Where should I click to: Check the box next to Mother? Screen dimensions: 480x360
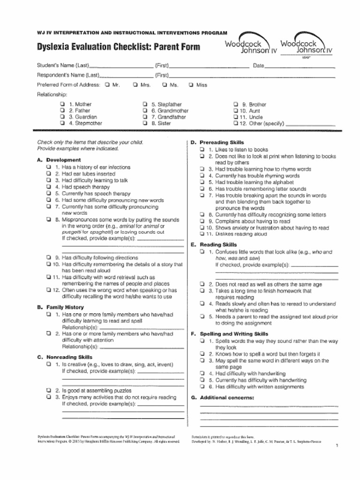[x=62, y=104]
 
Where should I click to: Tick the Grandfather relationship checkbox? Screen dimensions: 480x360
[x=145, y=117]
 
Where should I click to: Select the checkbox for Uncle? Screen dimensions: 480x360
[x=236, y=117]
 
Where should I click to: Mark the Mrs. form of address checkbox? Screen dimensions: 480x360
[x=135, y=85]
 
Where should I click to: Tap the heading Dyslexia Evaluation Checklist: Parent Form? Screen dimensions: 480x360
[x=118, y=47]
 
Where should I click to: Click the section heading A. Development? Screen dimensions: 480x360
[x=59, y=160]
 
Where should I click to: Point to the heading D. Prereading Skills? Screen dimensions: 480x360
[x=217, y=142]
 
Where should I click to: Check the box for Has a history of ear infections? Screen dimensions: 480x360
[x=49, y=167]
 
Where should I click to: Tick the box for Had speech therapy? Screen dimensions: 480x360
[x=49, y=187]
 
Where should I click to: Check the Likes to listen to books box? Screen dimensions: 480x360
[x=202, y=150]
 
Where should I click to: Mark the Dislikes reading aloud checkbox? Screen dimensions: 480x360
[x=202, y=234]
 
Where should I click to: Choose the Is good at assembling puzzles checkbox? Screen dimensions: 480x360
[x=49, y=390]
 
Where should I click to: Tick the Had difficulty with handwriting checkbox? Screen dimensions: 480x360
[x=202, y=374]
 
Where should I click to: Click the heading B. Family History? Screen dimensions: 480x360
[x=60, y=307]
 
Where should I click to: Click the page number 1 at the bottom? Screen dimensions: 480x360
[x=337, y=445]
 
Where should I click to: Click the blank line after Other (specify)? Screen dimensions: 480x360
[x=310, y=125]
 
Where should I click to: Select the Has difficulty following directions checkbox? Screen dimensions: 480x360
[x=49, y=257]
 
